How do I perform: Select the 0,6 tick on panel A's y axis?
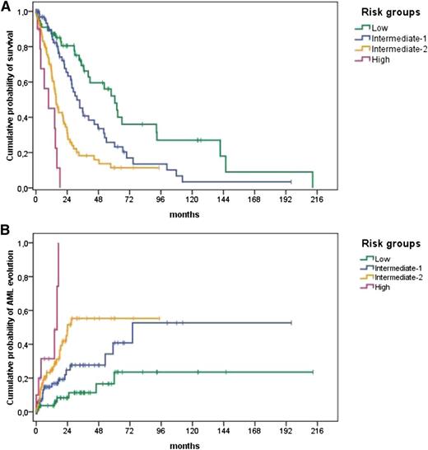coord(24,82)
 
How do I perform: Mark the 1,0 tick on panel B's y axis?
coord(24,243)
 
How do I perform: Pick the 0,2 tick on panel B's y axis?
coord(24,378)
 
